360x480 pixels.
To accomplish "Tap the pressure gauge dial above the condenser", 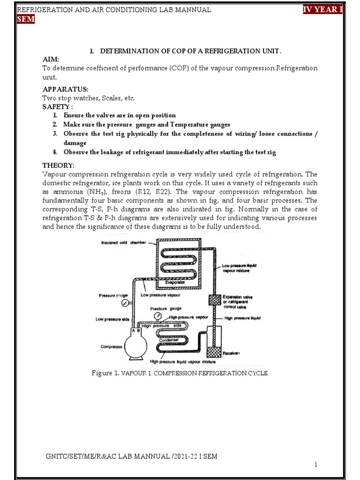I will pyautogui.click(x=157, y=315).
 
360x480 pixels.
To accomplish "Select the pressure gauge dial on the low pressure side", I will pyautogui.click(x=125, y=302).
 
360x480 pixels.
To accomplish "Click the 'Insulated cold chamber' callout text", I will pyautogui.click(x=121, y=243).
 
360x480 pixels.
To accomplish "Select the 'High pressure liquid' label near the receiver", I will pyautogui.click(x=242, y=318).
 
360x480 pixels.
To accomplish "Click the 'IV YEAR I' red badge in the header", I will pyautogui.click(x=323, y=10).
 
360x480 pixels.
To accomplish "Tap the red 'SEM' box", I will pyautogui.click(x=26, y=19).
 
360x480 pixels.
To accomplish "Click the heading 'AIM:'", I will pyautogui.click(x=51, y=60).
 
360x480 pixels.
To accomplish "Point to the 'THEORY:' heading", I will pyautogui.click(x=58, y=165).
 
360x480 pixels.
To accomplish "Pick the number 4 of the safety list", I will pyautogui.click(x=55, y=152).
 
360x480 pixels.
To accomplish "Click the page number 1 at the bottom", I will pyautogui.click(x=316, y=465).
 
